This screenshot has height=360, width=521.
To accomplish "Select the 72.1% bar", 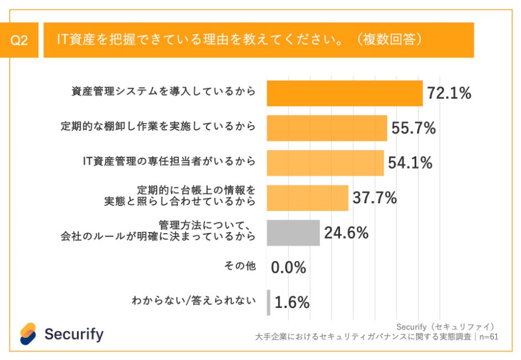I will tap(344, 93).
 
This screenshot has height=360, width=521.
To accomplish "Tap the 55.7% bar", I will tap(327, 128).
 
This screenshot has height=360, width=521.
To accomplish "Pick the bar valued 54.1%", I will tap(325, 163).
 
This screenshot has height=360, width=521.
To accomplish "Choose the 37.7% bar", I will tap(307, 198).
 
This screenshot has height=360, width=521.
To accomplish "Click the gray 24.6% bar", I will tap(293, 233).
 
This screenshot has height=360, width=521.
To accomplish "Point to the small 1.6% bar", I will tap(269, 302).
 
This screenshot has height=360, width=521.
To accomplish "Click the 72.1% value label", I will tap(449, 93).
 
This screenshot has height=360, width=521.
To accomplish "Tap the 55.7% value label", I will tap(414, 128).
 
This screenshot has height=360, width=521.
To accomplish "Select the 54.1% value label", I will tap(410, 163).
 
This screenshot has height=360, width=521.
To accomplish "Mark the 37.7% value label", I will tap(375, 198).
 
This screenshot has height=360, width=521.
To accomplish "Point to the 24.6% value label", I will tap(346, 233).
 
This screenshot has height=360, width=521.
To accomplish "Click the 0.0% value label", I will tap(288, 268).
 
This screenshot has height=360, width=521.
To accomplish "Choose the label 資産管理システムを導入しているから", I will tap(164, 92).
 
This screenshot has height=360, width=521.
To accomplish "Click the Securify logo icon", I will tap(28, 333).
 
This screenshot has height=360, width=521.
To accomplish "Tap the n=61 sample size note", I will tap(486, 336).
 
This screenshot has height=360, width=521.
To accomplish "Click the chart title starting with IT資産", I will tap(241, 40).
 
